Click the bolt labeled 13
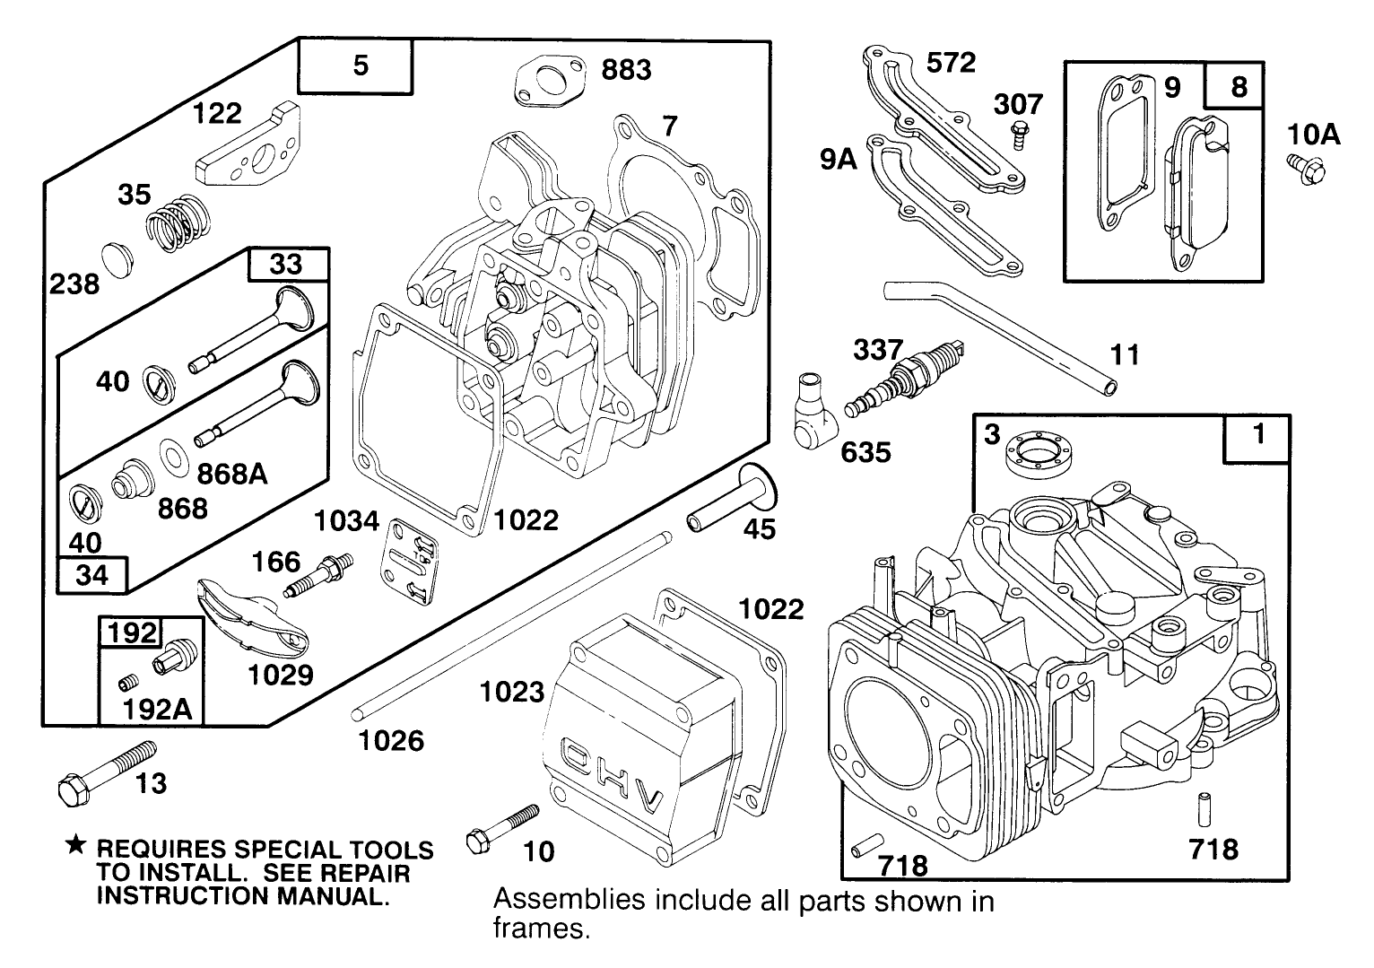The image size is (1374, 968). click(x=105, y=769)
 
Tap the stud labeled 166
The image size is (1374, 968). click(x=318, y=575)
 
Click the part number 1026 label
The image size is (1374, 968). click(x=390, y=740)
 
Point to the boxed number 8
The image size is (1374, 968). click(x=1239, y=86)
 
